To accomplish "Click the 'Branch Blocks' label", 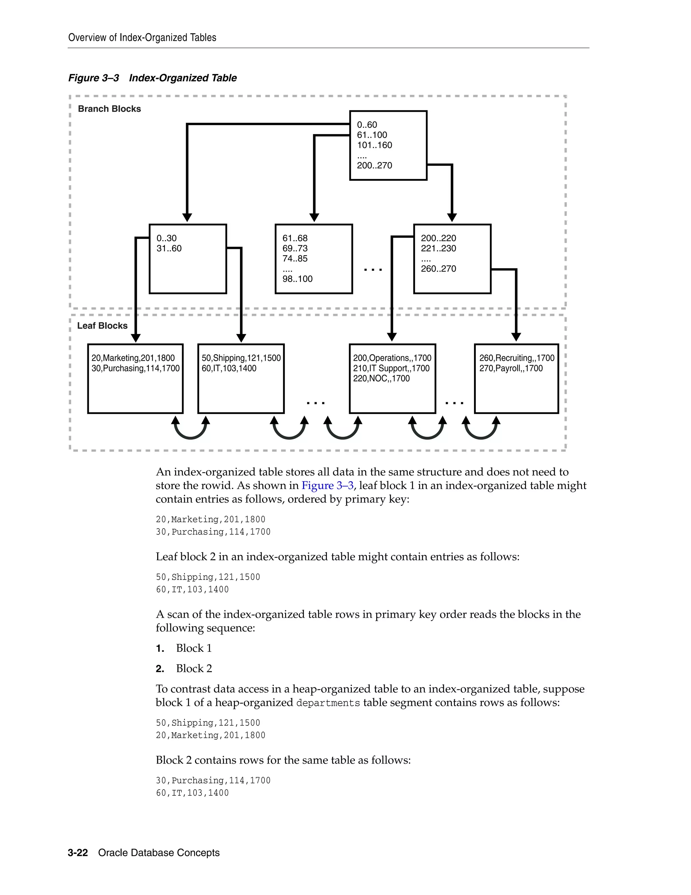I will (109, 109).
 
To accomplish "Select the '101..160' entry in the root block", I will (374, 145).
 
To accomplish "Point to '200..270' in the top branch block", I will (374, 165).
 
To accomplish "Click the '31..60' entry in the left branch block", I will (169, 248).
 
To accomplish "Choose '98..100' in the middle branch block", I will (297, 279).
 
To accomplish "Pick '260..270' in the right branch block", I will (438, 269).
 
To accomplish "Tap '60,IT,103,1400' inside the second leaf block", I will (229, 368).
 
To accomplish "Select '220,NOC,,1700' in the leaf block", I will (381, 379).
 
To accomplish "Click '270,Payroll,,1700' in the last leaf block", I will (511, 368).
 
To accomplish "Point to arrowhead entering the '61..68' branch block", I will (314, 218).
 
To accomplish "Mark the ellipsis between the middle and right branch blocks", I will (373, 270).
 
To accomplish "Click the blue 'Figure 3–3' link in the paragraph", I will (327, 486).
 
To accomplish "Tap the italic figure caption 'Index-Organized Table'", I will (183, 78).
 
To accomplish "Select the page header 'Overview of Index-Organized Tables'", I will (142, 38).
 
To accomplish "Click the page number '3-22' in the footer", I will (78, 853).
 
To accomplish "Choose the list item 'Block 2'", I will (194, 668).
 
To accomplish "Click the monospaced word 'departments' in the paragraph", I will (328, 703).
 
